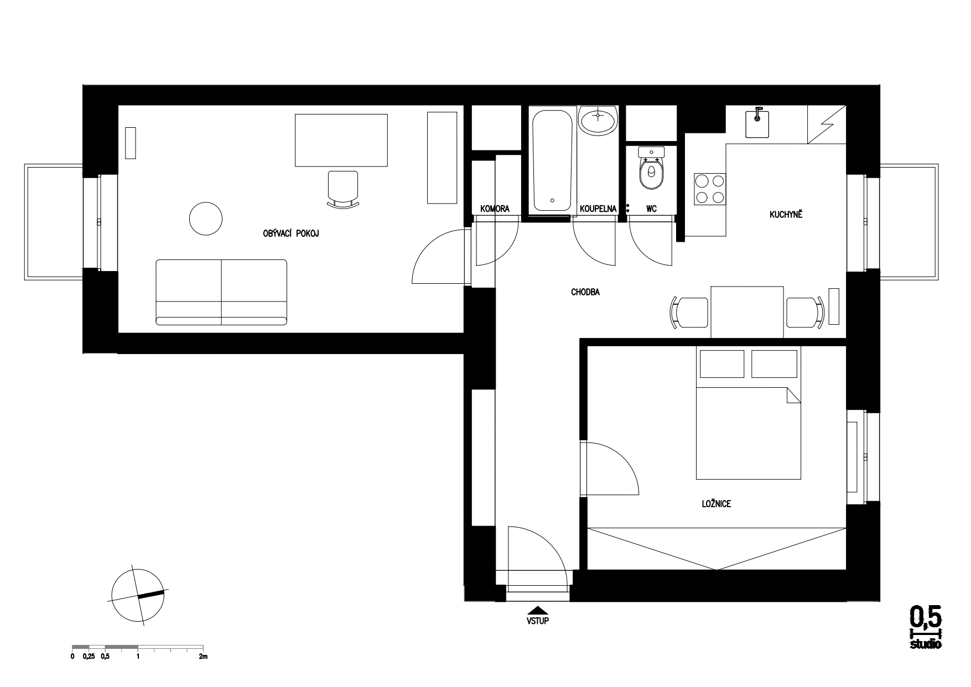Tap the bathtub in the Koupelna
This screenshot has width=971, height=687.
552,159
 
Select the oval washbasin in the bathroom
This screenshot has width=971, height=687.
598,120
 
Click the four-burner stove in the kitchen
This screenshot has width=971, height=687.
710,189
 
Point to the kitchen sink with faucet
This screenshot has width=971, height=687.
757,122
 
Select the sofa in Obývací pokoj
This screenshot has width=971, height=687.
221,292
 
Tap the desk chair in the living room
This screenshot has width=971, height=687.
342,189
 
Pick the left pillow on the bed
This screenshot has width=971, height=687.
722,363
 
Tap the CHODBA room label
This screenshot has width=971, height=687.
585,292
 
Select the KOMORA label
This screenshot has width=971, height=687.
495,209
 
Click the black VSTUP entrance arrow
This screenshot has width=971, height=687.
538,610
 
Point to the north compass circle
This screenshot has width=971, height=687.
138,596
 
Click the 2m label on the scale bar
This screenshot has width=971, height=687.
203,657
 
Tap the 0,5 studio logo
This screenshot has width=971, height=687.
926,627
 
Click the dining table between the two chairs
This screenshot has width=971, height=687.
747,312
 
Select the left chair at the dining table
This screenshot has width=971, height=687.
689,313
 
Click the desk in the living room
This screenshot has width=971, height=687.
341,140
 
